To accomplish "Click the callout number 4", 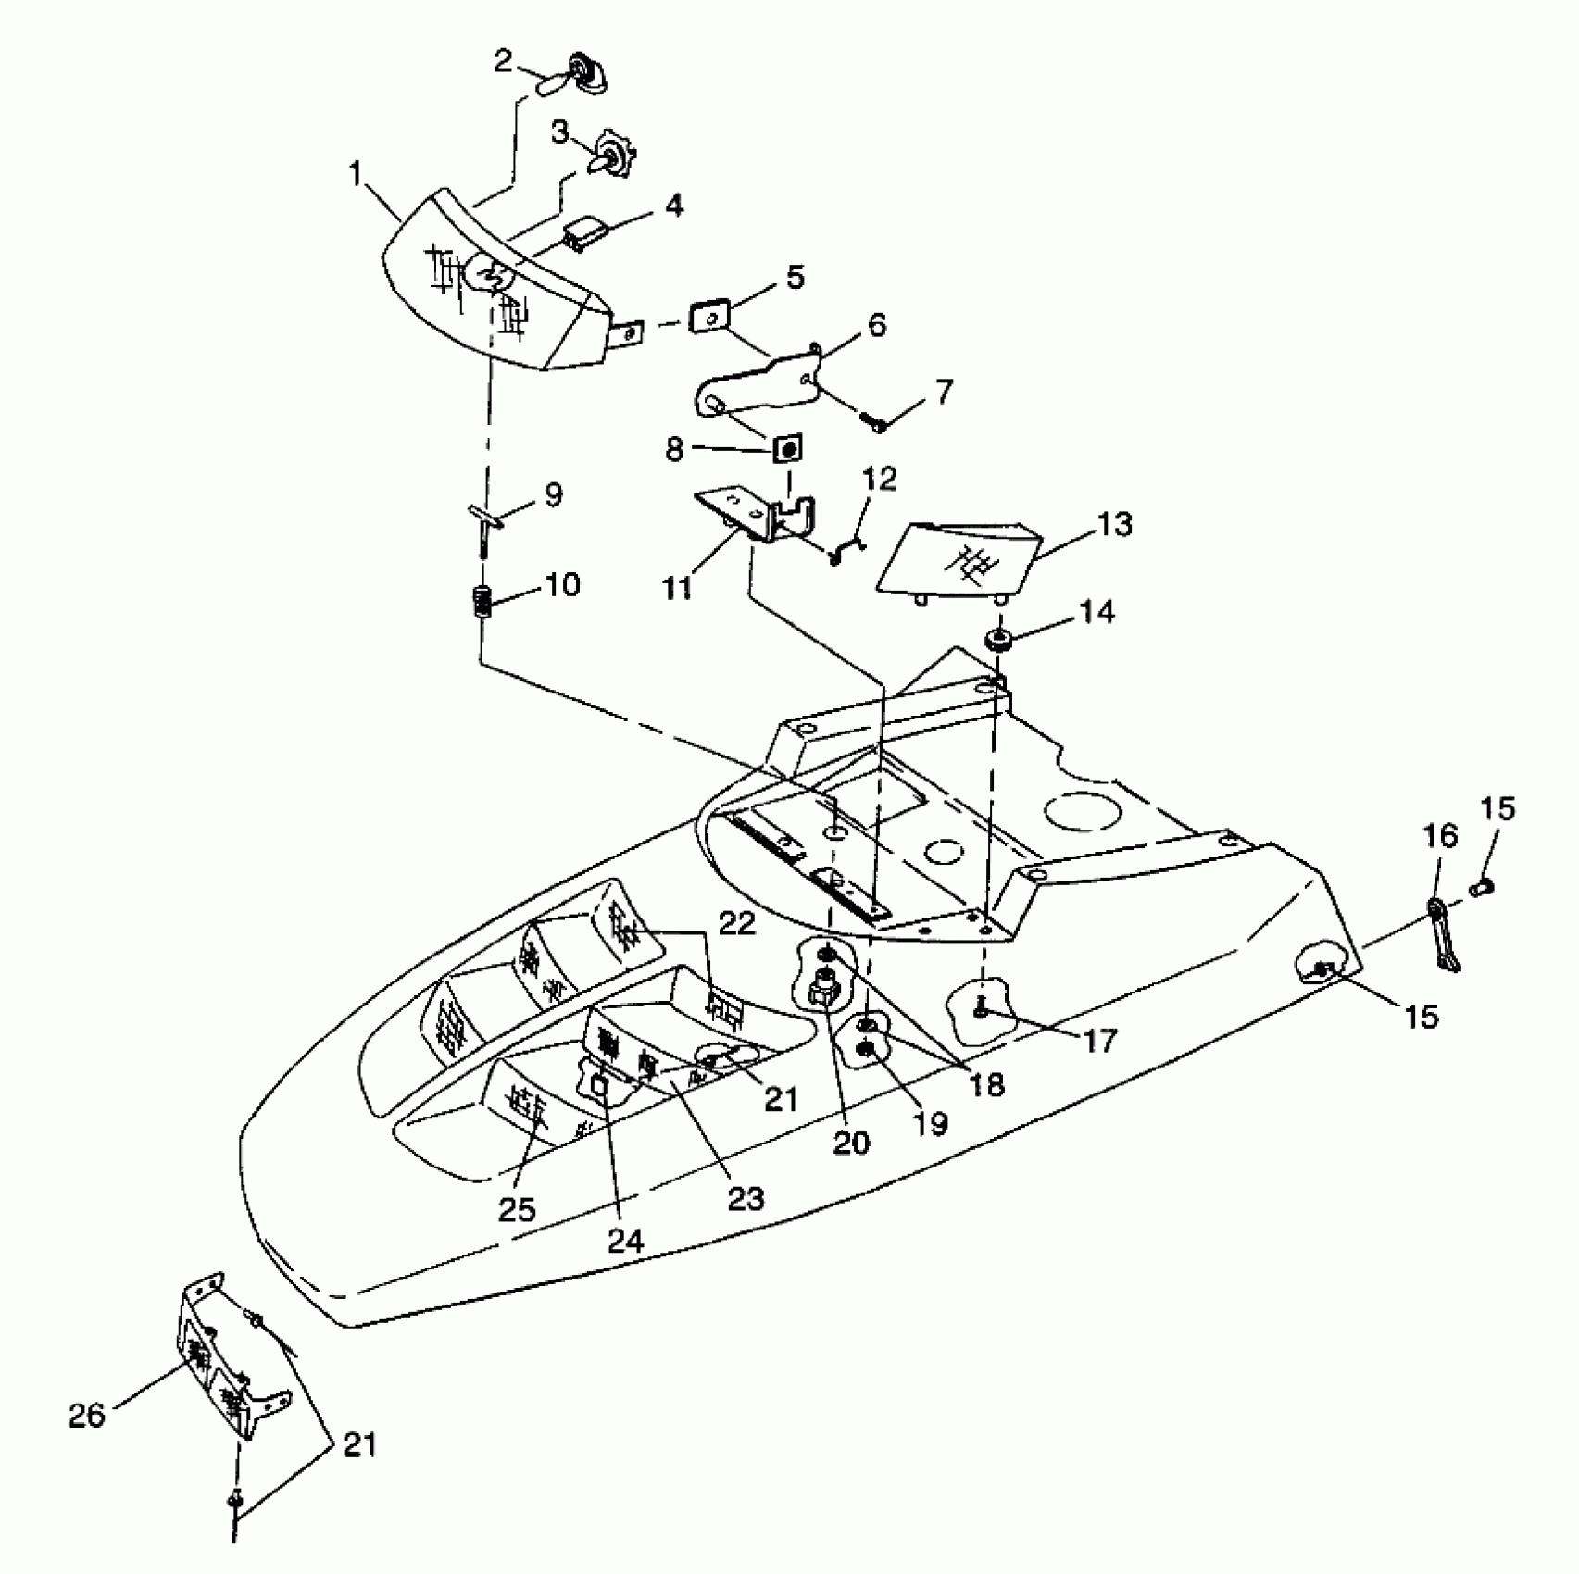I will [x=674, y=206].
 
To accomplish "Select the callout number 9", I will [x=553, y=494].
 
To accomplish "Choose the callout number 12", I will [x=880, y=479].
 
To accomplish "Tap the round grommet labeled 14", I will [x=998, y=639].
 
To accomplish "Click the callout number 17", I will [x=1100, y=1042].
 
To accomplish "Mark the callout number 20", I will [x=851, y=1142].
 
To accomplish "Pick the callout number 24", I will [x=625, y=1240].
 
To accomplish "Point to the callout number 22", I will [x=738, y=924].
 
